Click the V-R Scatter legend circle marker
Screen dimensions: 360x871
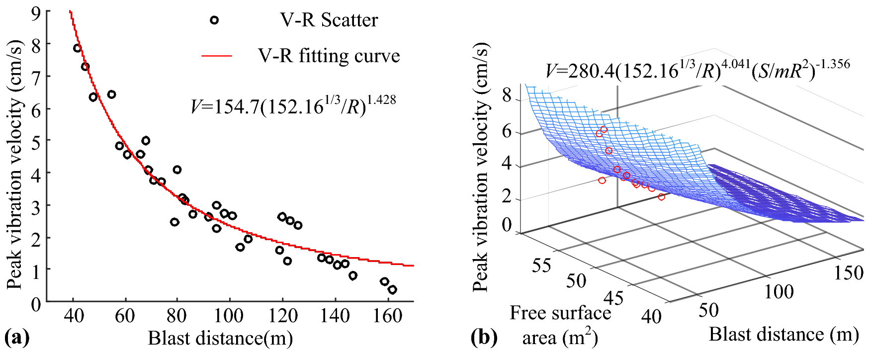tap(214, 20)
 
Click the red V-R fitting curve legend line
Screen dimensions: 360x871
tap(217, 56)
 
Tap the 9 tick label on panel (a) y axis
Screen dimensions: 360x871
tap(36, 12)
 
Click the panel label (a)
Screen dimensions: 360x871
tap(16, 338)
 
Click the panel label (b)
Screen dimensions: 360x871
tap(483, 338)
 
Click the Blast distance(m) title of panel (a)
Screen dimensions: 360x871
tap(220, 339)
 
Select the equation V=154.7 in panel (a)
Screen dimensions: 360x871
tap(293, 105)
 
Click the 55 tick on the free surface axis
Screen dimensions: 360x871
tap(541, 265)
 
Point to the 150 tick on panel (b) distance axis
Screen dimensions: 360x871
tap(848, 272)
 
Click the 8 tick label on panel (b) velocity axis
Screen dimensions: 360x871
tap(507, 94)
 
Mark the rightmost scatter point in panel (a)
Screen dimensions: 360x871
tap(392, 290)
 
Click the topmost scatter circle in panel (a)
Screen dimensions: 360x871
tap(77, 48)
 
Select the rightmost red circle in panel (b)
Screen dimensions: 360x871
tap(661, 197)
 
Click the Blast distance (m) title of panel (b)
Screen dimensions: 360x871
tap(784, 335)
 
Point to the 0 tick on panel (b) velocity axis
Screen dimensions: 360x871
tap(507, 225)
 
